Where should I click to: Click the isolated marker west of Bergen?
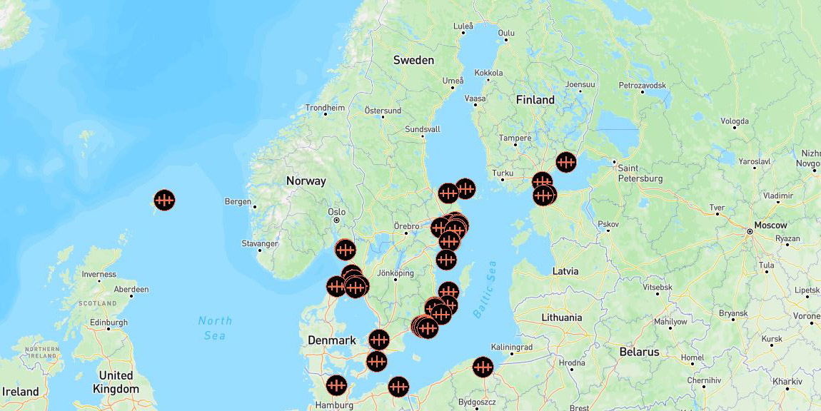click(x=164, y=201)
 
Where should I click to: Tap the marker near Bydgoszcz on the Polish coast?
click(x=483, y=367)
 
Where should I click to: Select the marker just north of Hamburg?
click(x=336, y=386)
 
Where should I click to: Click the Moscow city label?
click(x=770, y=225)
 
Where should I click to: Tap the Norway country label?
click(x=306, y=181)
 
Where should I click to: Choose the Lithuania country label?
click(x=562, y=318)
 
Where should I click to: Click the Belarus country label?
click(x=639, y=352)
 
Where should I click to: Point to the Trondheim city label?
click(x=325, y=108)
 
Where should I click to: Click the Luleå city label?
click(x=463, y=26)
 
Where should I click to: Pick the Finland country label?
click(x=535, y=100)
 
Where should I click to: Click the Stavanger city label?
click(x=260, y=244)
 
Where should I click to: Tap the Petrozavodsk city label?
click(x=643, y=85)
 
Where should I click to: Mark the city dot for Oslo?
click(x=337, y=220)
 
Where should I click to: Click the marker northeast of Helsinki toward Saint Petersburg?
click(x=566, y=163)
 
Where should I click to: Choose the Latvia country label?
click(x=566, y=271)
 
